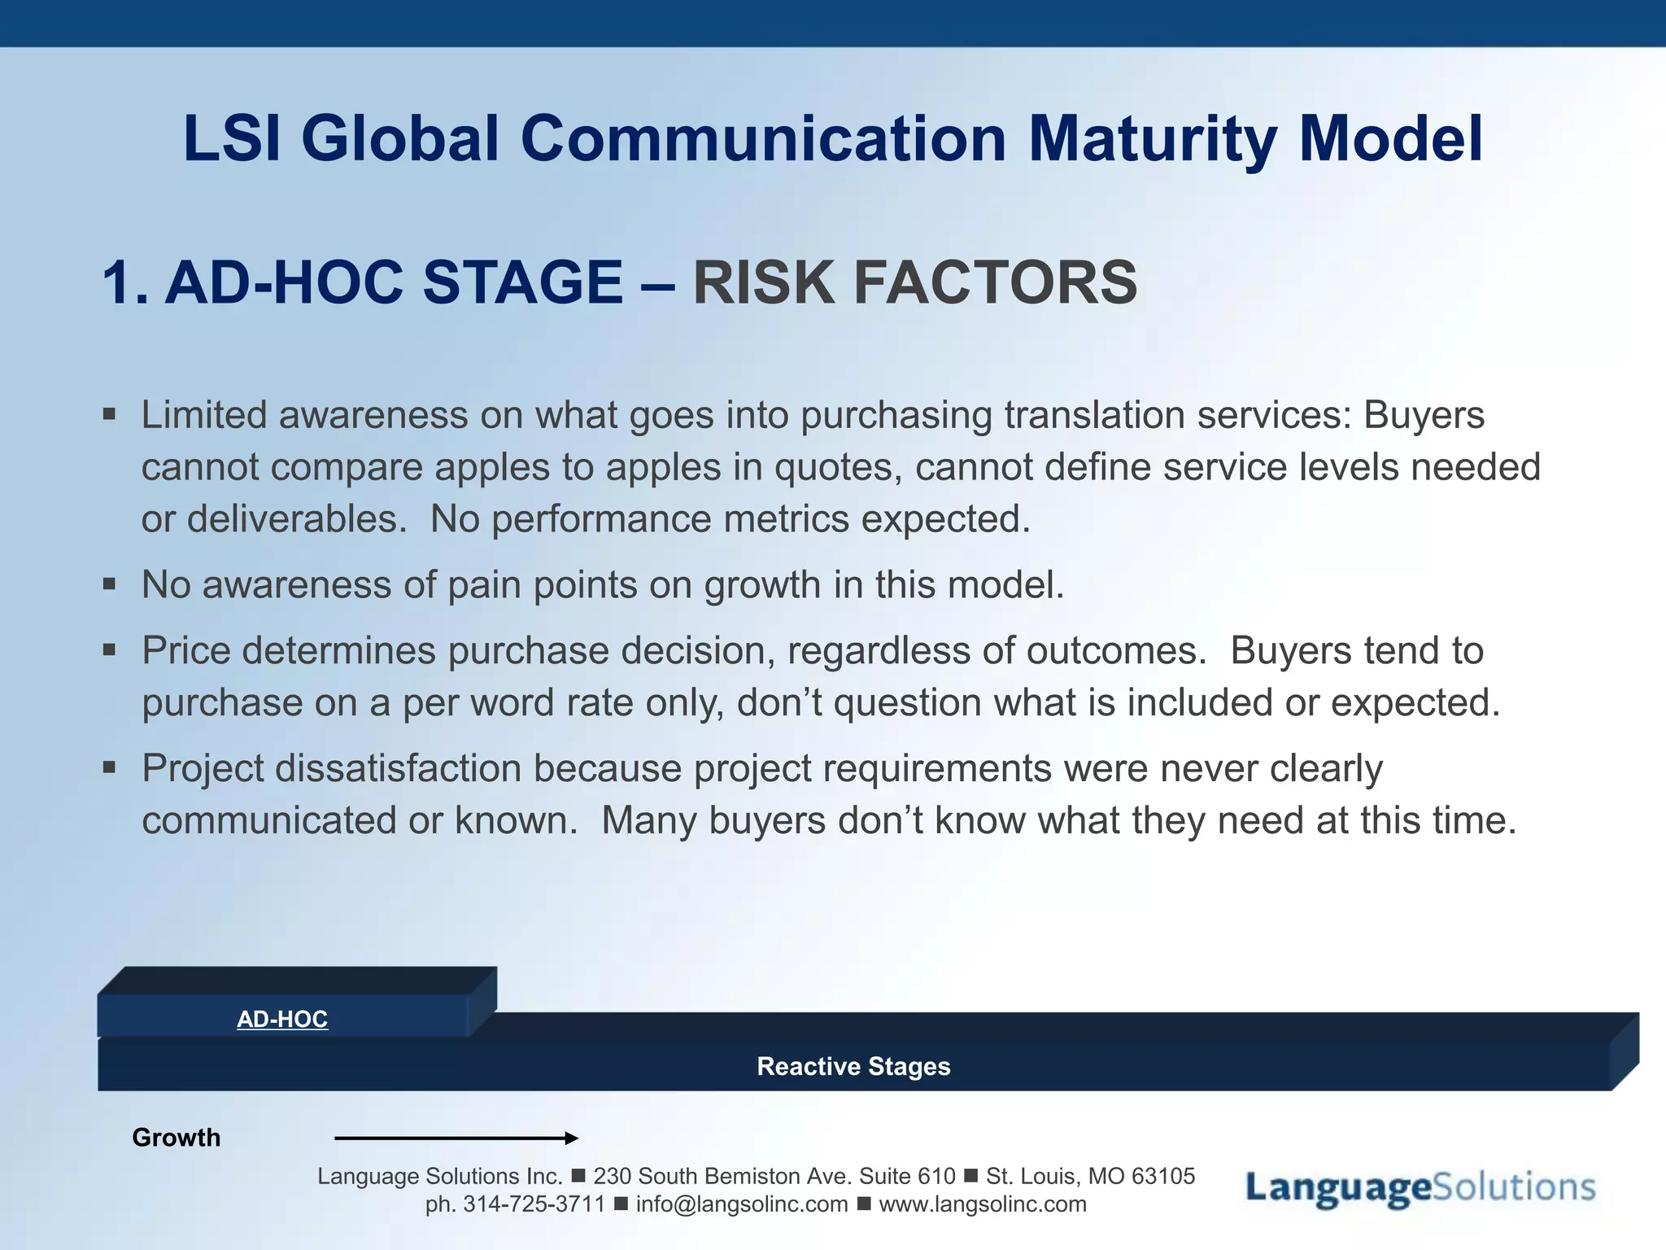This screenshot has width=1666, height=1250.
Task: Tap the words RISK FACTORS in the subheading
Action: (914, 282)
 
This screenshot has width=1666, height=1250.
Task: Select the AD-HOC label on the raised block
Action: (282, 1019)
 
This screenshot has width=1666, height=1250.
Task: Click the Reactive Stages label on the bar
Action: (853, 1066)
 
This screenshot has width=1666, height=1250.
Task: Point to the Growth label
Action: (176, 1137)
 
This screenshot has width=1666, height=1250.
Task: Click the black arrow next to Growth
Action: (456, 1138)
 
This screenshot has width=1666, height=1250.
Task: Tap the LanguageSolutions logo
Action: (1420, 1188)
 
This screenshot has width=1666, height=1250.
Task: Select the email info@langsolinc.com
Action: (741, 1204)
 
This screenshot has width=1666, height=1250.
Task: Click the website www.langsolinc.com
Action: (982, 1204)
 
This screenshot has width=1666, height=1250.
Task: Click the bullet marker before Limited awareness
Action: (110, 415)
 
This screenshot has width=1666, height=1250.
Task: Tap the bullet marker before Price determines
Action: (110, 650)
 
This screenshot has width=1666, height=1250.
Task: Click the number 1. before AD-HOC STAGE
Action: (126, 282)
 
